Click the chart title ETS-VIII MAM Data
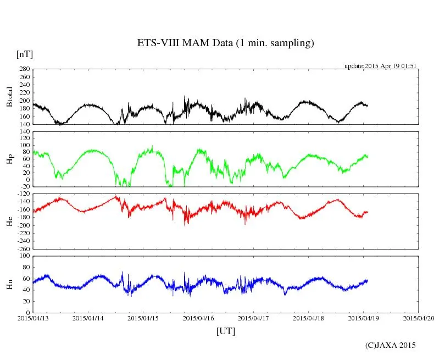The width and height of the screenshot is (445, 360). pos(225,43)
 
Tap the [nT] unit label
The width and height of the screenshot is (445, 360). pos(24,54)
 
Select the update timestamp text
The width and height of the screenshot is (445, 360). pos(380,66)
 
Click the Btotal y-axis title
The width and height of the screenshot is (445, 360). pos(9,97)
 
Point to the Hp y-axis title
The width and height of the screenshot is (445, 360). pos(9,159)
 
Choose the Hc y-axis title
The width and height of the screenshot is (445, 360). pos(9,221)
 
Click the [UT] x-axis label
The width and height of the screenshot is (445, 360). pos(225,331)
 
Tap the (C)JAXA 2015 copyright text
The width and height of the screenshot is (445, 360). pos(391,345)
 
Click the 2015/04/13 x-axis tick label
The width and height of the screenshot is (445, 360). pos(33,318)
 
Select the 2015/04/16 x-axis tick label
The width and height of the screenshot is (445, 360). pos(198,318)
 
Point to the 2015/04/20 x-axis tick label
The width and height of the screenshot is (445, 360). pos(419,318)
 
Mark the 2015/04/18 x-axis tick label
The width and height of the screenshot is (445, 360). pos(309,318)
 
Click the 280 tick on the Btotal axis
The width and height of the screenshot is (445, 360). pos(24,69)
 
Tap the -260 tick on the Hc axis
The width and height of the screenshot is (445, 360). pos(23,248)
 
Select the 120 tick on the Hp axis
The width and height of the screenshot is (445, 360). pos(24,132)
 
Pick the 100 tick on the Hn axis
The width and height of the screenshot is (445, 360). pos(24,256)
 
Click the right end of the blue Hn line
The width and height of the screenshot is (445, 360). pos(368,281)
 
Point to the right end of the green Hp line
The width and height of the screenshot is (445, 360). pos(368,157)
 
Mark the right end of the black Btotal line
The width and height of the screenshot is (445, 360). pos(368,106)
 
